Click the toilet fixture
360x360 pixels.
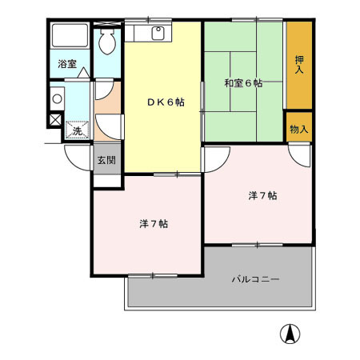point(107,44)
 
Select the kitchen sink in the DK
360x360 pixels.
point(158,33)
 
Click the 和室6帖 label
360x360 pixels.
point(243,82)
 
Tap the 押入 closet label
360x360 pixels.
point(299,65)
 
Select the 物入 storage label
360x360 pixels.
point(299,128)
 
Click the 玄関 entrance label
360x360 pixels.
point(106,159)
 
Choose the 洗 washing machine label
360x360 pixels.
point(77,130)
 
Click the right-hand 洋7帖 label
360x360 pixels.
point(261,195)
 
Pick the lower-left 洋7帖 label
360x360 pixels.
point(147,223)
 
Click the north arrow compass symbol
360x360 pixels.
point(290,333)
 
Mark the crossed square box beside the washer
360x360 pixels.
point(54,120)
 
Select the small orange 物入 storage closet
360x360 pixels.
point(299,128)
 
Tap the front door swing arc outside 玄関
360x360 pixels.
point(78,155)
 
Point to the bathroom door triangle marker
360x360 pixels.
point(83,72)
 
